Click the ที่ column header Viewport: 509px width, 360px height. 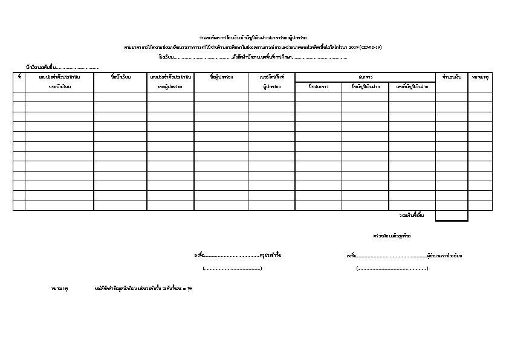tap(19, 77)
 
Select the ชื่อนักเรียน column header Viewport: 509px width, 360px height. tap(120, 77)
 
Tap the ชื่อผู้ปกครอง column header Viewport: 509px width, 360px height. tap(221, 77)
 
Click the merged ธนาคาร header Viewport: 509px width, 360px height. tap(365, 77)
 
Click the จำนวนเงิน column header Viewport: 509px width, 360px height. tap(452, 77)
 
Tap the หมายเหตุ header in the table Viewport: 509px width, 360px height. tap(480, 77)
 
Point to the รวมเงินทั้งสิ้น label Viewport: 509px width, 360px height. tap(413, 215)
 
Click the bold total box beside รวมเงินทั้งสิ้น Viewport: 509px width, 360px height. tap(452, 216)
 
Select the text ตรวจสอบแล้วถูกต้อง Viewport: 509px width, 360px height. tap(392, 235)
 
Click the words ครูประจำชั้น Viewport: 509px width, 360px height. tap(270, 255)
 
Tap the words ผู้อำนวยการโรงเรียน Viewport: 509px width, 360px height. tap(444, 256)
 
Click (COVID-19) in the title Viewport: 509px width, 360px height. tap(371, 47)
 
